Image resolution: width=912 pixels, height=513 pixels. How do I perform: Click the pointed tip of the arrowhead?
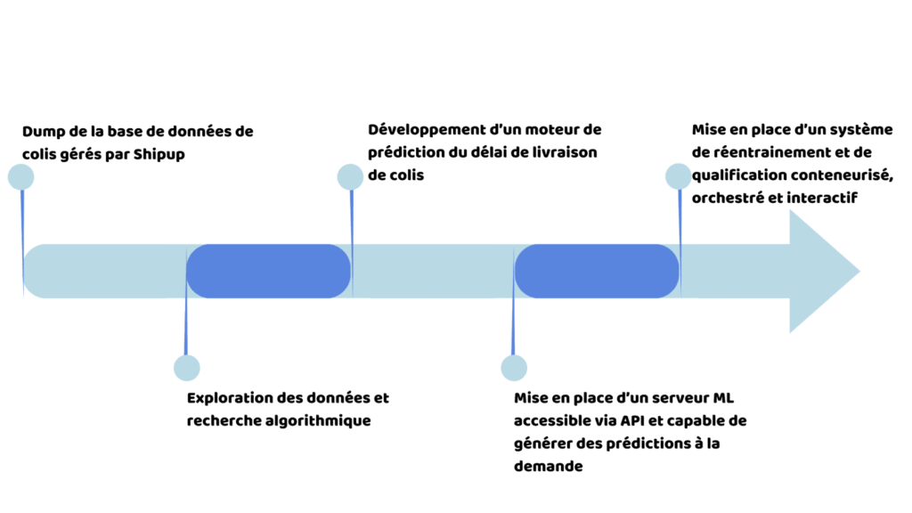click(859, 271)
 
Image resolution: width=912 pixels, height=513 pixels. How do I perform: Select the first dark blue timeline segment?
click(268, 271)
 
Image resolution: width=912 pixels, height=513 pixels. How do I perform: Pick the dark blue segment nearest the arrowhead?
click(597, 271)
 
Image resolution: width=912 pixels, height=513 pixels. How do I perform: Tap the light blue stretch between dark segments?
click(433, 271)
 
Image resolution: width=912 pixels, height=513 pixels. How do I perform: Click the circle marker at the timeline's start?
click(20, 176)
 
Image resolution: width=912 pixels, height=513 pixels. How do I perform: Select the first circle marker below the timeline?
click(187, 367)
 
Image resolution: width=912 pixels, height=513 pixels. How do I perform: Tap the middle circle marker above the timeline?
click(350, 176)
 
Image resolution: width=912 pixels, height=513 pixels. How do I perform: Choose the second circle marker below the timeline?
click(514, 367)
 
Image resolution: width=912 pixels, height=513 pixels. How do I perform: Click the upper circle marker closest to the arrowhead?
click(679, 176)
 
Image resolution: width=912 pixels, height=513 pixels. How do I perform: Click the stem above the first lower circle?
click(185, 321)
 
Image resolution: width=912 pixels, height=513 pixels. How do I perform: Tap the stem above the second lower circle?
click(513, 321)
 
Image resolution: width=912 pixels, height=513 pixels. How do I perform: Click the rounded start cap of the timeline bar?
click(34, 271)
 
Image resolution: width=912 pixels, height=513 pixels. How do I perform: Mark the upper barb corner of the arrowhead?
click(790, 210)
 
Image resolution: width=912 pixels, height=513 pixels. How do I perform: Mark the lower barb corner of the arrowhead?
click(790, 333)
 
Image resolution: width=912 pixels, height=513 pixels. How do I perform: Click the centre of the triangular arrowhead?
click(815, 271)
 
